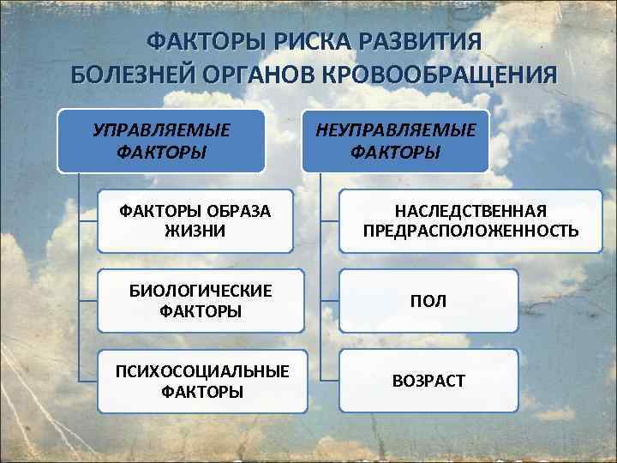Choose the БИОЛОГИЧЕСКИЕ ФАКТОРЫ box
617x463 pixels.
click(201, 301)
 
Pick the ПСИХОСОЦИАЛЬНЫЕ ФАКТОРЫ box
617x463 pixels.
click(201, 381)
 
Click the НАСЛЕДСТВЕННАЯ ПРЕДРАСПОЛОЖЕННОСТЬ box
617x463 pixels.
click(470, 221)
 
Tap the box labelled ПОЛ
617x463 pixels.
click(428, 301)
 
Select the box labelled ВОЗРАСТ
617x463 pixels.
click(428, 381)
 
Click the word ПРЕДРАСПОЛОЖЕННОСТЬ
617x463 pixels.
click(470, 231)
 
